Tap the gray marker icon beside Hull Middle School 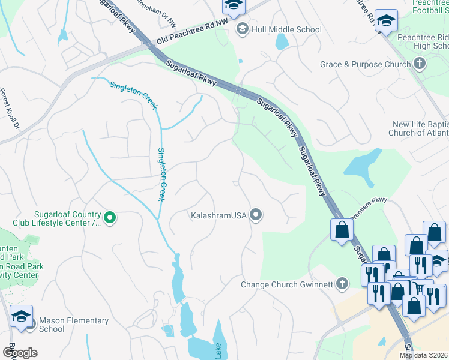tap(243, 29)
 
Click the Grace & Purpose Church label tap(365, 64)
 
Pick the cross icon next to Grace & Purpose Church tap(420, 63)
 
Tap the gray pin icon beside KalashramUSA tap(256, 214)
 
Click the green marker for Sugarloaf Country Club tap(110, 218)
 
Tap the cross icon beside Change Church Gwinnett tap(342, 283)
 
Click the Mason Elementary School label tap(73, 325)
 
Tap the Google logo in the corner tap(19, 353)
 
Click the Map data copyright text tap(423, 355)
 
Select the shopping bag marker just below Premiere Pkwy tap(341, 230)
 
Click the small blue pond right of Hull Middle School tap(281, 41)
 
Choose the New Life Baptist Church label tap(420, 128)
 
